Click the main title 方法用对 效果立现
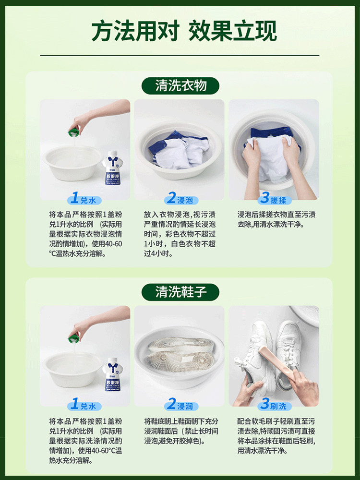[x=184, y=31]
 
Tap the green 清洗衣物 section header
[x=180, y=85]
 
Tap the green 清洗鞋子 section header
[x=180, y=291]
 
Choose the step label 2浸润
[x=179, y=405]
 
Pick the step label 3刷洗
[x=273, y=405]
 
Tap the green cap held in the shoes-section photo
[x=74, y=336]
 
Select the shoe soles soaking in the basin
[x=179, y=355]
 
